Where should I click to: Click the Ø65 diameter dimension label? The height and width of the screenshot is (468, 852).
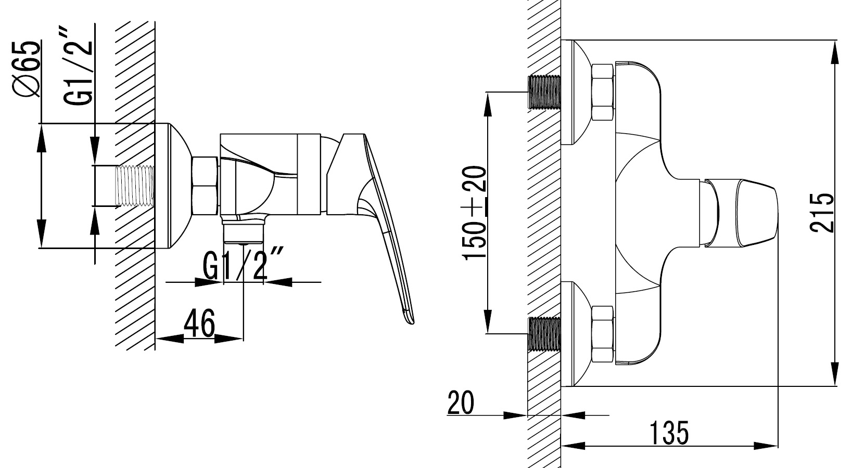click(26, 68)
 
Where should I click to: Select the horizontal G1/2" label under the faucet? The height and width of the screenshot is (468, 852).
click(243, 264)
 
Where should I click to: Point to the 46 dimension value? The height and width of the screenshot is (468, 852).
click(199, 323)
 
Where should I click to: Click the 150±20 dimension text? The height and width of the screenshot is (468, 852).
click(474, 213)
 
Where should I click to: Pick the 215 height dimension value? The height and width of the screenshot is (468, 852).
click(822, 213)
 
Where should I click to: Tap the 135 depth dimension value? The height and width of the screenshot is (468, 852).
click(669, 433)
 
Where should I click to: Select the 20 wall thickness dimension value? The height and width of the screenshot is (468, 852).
click(461, 402)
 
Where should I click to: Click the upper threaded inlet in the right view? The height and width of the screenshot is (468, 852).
click(545, 93)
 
